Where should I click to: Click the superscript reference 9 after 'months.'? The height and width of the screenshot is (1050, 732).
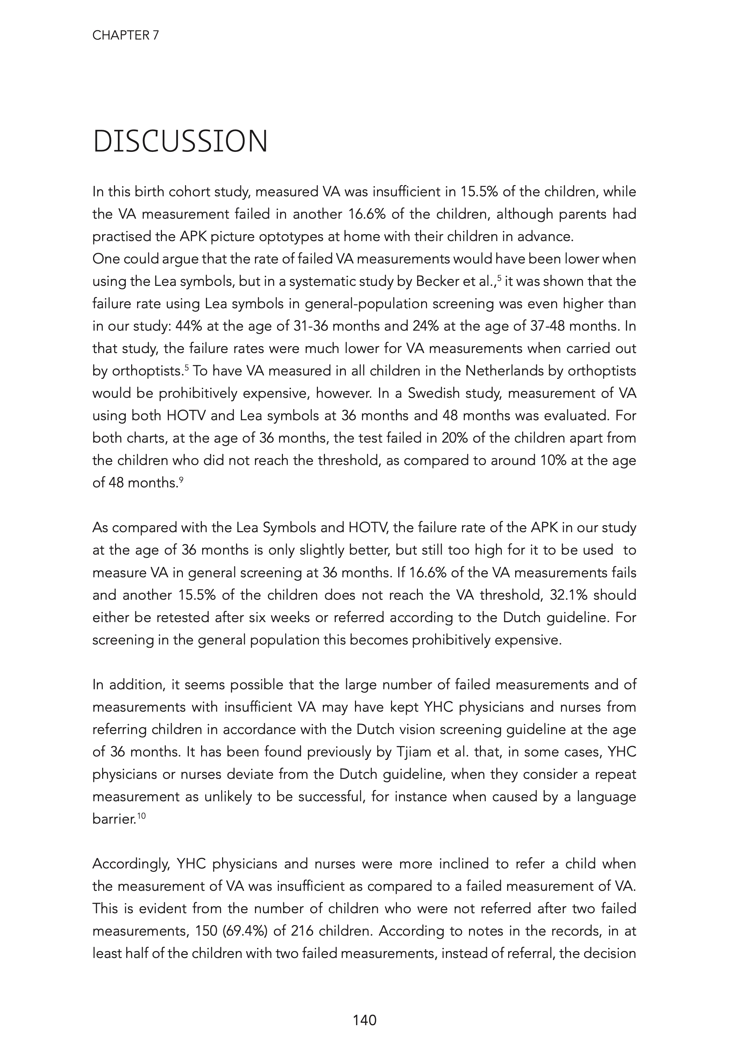pos(181,480)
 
